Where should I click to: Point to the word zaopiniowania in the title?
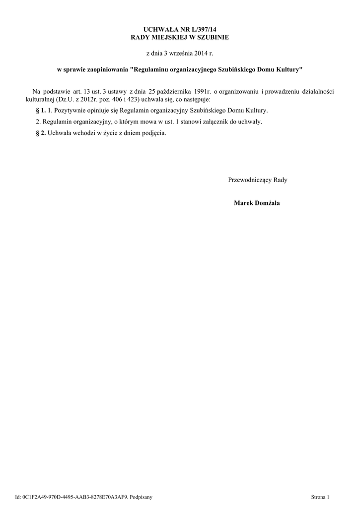coord(106,70)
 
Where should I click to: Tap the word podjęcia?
coord(154,133)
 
